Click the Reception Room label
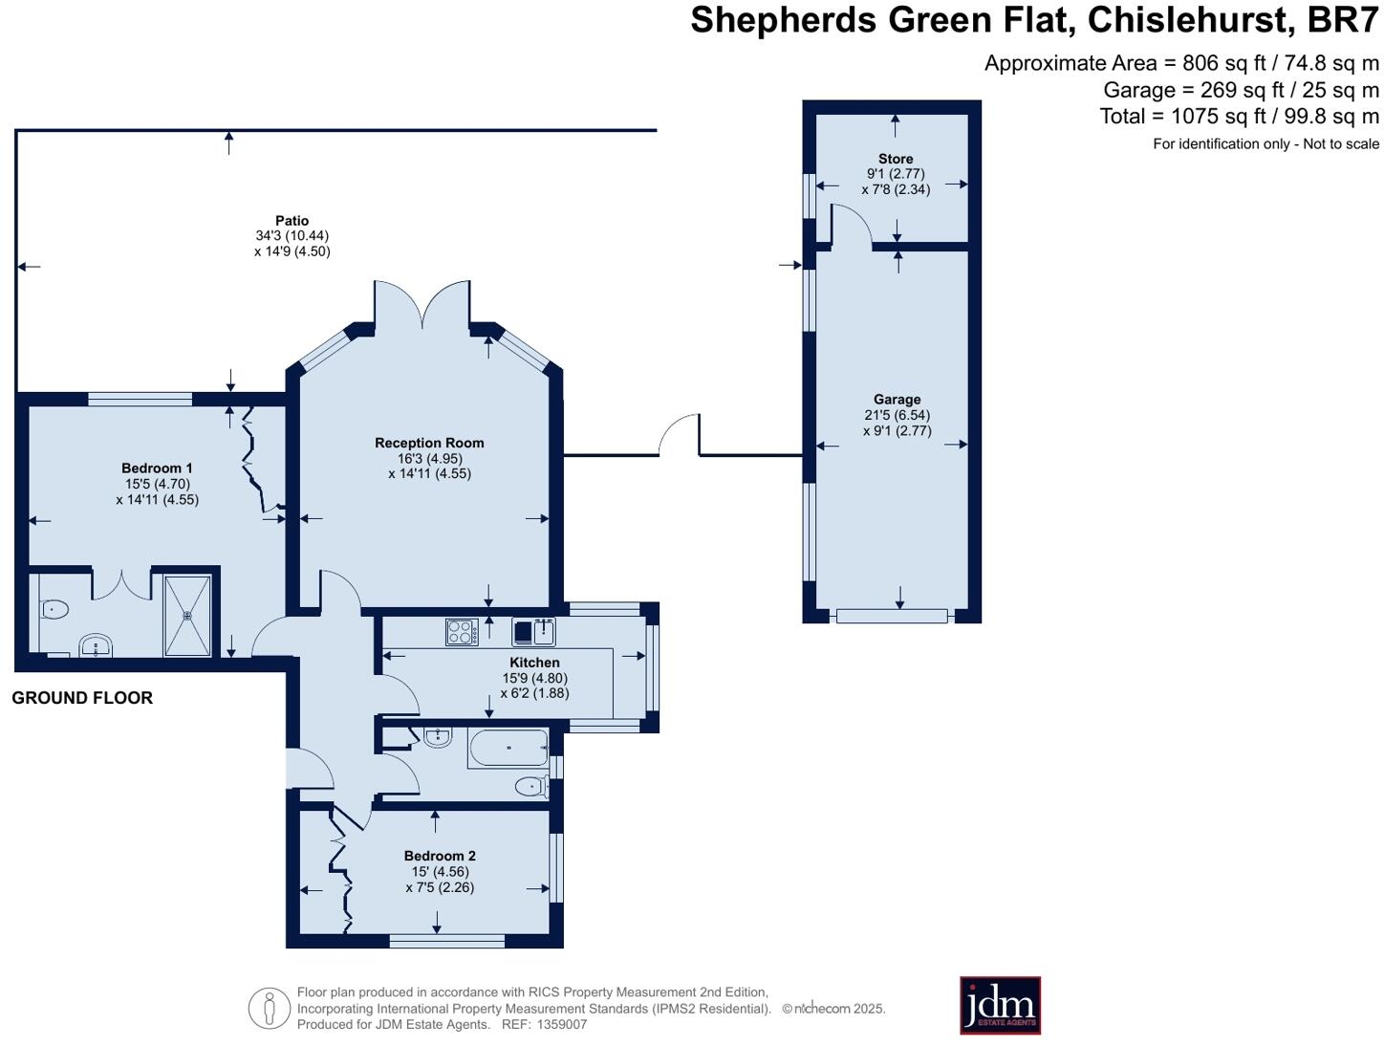(429, 443)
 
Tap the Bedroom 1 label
(157, 468)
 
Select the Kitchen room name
(534, 663)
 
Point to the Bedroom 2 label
(439, 856)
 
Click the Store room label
(896, 159)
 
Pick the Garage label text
(897, 400)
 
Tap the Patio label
(292, 220)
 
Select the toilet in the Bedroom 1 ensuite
(54, 608)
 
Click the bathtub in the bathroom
(508, 748)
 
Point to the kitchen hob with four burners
(462, 632)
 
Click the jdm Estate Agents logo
(1000, 1005)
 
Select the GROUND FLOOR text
(82, 698)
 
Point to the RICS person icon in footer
(270, 1008)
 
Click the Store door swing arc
(854, 226)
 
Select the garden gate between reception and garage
(681, 436)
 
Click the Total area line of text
(1239, 117)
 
